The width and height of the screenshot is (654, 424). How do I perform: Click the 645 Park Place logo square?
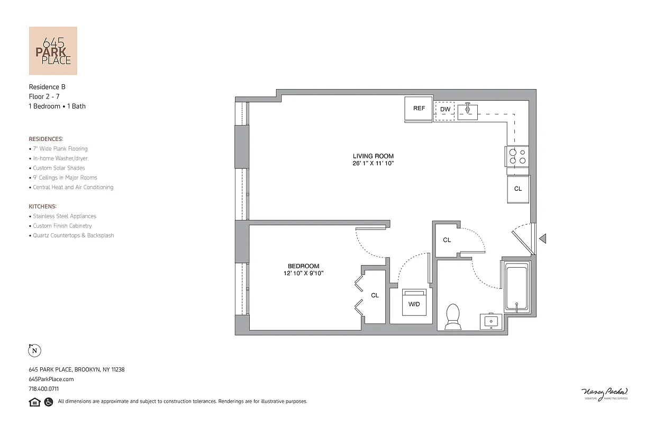coord(53,51)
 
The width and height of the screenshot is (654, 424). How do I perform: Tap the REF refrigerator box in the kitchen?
coord(419,109)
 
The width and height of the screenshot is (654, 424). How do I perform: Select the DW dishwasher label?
coord(446,110)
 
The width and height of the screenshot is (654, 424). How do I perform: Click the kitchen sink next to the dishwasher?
coord(468,111)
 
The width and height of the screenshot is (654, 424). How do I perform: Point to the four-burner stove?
coord(517,156)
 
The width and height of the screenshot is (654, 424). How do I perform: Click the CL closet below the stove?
coord(518,189)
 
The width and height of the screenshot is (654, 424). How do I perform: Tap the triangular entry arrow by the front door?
coord(542,239)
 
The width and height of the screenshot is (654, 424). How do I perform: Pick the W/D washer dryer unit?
coord(414,303)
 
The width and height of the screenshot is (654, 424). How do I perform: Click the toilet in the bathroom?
coord(453,316)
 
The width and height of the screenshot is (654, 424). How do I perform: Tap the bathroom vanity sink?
coord(492,321)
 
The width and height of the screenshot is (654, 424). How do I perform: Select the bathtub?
coord(516,287)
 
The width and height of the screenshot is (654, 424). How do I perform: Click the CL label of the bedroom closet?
coord(375,296)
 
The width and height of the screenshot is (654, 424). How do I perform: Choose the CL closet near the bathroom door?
coord(447,240)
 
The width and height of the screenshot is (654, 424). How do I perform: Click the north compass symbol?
coord(34,350)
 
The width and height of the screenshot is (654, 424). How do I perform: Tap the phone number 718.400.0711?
coord(44,388)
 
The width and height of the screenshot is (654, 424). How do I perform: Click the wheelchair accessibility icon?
coord(49,402)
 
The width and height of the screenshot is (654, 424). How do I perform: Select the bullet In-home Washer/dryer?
coord(60,158)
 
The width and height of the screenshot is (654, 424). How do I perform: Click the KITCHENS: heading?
coord(43,206)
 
